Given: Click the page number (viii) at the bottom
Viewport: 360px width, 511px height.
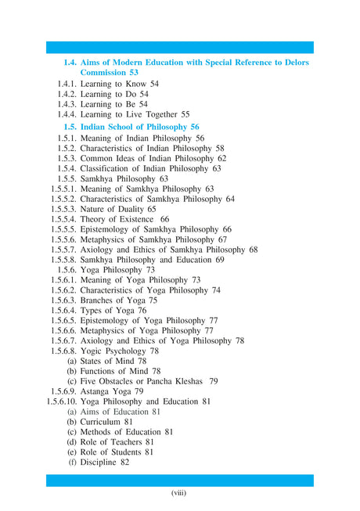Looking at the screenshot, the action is (180, 493).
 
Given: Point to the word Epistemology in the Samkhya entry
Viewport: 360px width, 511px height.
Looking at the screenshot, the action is (110, 230).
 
